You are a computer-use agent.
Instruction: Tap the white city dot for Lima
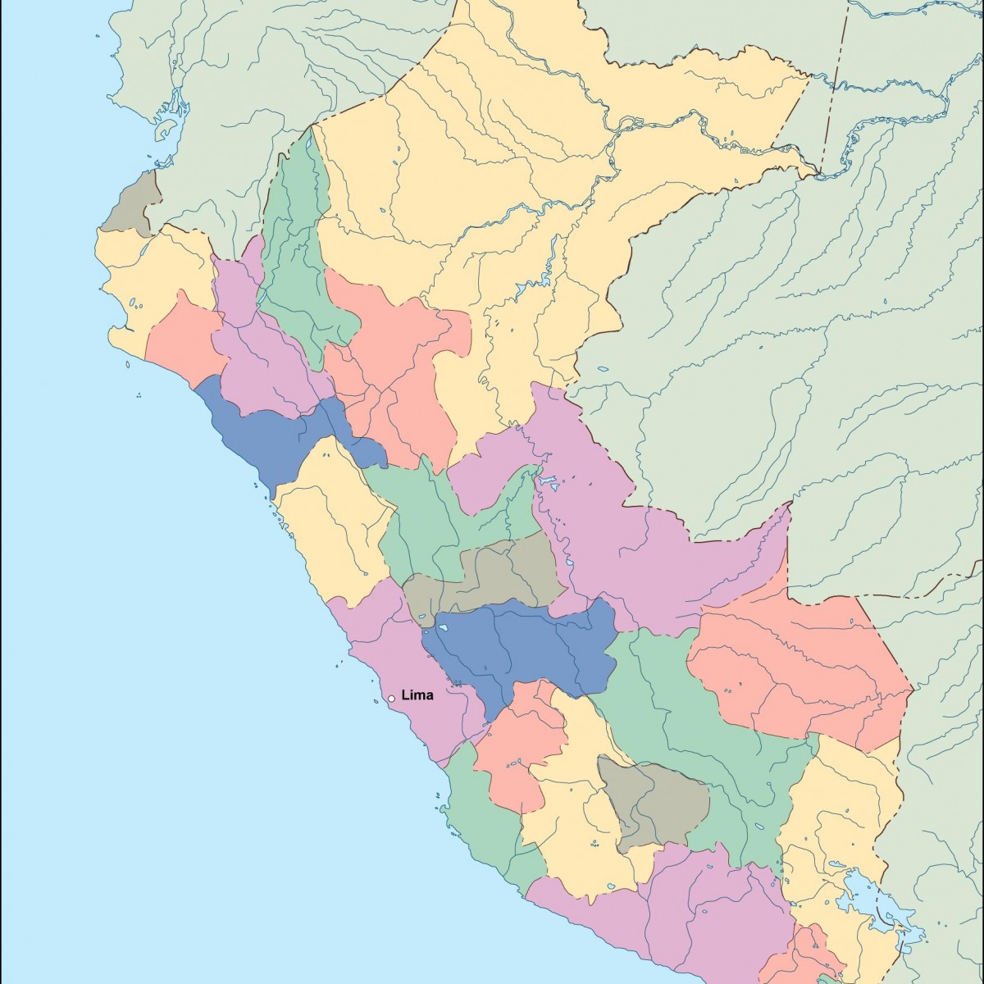[392, 699]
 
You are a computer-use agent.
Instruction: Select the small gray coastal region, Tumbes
[134, 203]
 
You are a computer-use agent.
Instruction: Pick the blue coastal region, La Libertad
[262, 435]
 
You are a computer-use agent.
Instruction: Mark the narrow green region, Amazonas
[299, 246]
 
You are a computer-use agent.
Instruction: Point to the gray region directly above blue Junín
[492, 574]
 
